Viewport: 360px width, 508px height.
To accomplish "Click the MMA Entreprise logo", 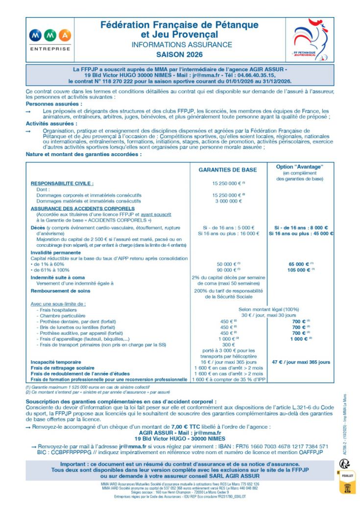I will tap(50, 40).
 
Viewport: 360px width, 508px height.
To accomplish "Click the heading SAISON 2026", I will tap(179, 55).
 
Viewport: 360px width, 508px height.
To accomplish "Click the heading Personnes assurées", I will tap(54, 104).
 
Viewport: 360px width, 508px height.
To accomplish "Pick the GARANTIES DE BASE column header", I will tap(227, 170).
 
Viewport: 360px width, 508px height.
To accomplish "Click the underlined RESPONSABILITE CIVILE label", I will tap(62, 183).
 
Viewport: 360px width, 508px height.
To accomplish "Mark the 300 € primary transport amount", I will tap(228, 344).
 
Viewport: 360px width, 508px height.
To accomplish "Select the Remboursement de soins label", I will tap(62, 290).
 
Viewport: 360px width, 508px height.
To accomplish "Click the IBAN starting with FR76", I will tap(283, 446).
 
